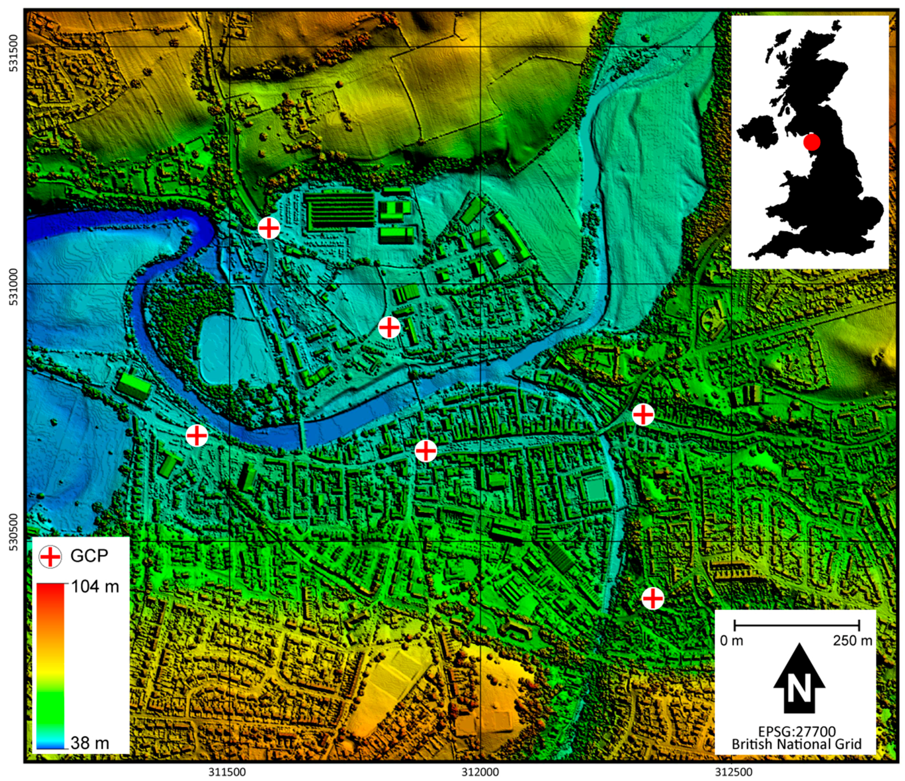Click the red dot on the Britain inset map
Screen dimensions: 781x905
(812, 142)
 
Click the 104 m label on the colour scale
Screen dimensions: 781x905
(95, 586)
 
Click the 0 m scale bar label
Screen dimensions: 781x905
(731, 641)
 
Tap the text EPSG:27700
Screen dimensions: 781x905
(797, 732)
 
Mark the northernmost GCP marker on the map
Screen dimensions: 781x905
(269, 228)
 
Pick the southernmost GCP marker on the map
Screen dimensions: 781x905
(653, 599)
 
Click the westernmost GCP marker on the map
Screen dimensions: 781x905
(196, 435)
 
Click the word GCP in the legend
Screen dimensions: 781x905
(89, 556)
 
